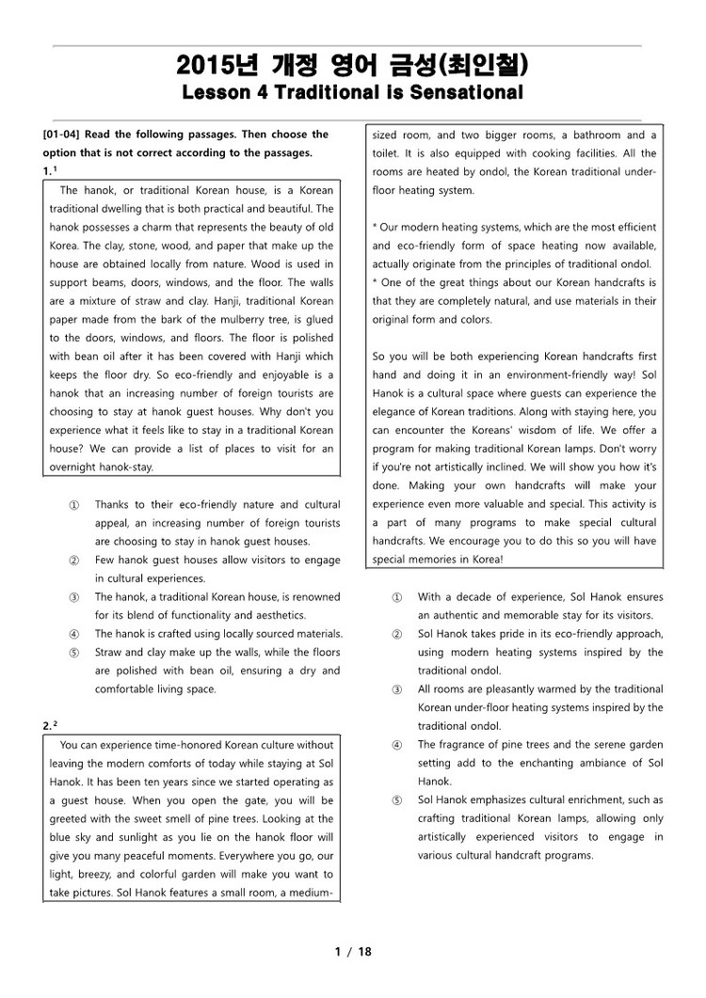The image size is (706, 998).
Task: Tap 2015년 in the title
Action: tap(210, 66)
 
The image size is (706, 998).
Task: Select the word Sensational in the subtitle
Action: tap(468, 93)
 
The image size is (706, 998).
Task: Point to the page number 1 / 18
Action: tap(353, 952)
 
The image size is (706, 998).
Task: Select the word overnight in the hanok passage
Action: tap(74, 467)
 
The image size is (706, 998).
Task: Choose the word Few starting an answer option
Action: tap(104, 561)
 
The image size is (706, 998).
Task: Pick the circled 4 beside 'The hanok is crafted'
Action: tap(73, 634)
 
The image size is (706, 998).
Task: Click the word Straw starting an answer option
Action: tap(110, 652)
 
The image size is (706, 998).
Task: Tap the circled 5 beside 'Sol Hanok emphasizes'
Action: tap(396, 800)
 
